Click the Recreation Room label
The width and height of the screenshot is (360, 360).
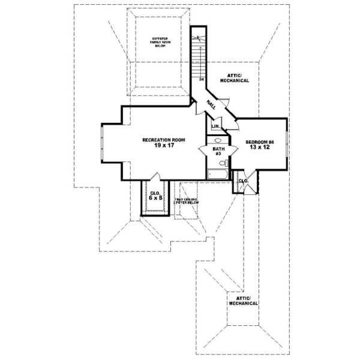pos(163,140)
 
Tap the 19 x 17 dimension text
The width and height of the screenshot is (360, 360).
pos(163,146)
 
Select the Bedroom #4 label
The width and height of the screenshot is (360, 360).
pos(260,142)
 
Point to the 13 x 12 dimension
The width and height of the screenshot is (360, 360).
pos(260,148)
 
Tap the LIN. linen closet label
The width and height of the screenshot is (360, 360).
pos(214,127)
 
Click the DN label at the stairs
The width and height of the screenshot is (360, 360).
pos(202,79)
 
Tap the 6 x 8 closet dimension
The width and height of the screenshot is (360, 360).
pos(155,197)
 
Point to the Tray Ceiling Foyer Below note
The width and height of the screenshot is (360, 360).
pos(186,201)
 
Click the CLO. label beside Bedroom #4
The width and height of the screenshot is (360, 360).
pos(244,181)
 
